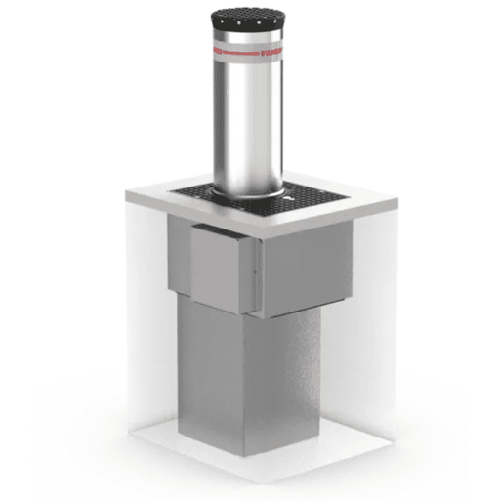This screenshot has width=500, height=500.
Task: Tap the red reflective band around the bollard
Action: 246,45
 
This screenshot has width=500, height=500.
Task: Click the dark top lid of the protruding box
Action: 220,230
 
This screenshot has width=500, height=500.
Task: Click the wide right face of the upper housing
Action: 308,264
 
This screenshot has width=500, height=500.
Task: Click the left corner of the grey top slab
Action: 128,195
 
